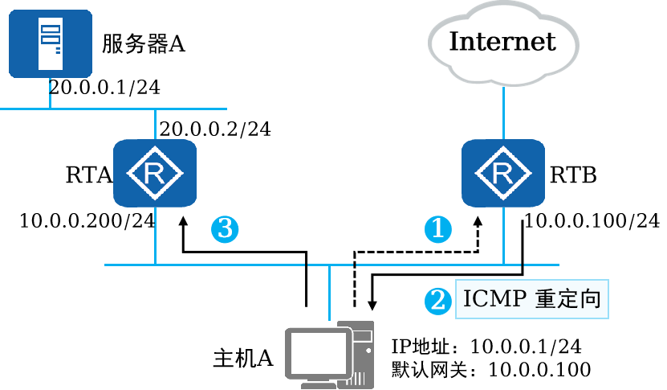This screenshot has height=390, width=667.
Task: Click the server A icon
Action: (51, 44)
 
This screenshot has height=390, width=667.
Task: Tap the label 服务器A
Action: (144, 43)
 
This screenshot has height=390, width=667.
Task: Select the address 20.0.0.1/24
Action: (104, 88)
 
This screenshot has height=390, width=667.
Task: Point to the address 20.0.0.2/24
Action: (215, 129)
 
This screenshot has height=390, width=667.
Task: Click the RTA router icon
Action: (155, 173)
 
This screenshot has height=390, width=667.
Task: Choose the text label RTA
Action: (89, 174)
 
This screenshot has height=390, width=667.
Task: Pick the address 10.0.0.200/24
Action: (87, 221)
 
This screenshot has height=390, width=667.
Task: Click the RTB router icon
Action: (503, 173)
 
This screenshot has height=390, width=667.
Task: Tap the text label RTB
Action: (573, 175)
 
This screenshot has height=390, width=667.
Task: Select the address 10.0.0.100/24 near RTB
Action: (592, 221)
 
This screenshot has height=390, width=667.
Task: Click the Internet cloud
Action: (503, 43)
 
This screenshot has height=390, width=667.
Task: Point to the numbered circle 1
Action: (438, 229)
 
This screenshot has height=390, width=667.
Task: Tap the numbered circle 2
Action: (438, 302)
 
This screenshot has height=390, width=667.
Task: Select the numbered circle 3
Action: (225, 229)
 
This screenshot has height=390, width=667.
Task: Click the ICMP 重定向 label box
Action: (531, 299)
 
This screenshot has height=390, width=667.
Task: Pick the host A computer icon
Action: (330, 355)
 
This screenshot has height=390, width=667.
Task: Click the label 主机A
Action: (243, 358)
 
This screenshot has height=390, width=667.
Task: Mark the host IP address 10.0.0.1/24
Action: (526, 347)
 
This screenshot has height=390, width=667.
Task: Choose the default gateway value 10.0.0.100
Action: (540, 370)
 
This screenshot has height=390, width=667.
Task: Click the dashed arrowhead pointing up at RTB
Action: (478, 222)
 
